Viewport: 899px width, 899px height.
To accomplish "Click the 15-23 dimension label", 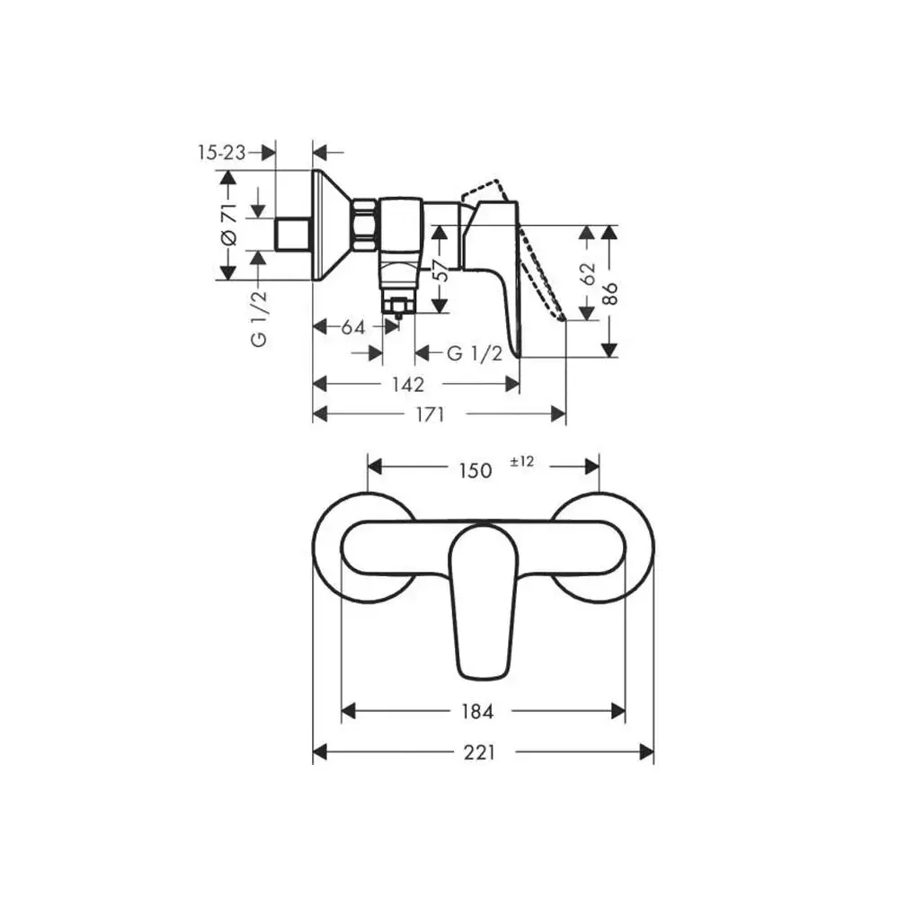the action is pos(221,153).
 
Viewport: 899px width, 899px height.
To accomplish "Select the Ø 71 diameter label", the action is pos(228,224).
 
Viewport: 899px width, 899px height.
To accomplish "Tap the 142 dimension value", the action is pos(408,384).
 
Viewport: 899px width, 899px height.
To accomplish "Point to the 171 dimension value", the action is pos(430,414).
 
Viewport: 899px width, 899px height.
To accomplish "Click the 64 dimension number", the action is pos(353,327).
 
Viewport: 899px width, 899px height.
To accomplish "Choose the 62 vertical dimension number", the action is pos(588,274).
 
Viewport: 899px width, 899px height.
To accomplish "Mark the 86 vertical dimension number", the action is pos(610,293).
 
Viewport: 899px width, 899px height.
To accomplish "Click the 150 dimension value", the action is pos(476,470).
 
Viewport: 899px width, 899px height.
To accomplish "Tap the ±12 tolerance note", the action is pos(521,461).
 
